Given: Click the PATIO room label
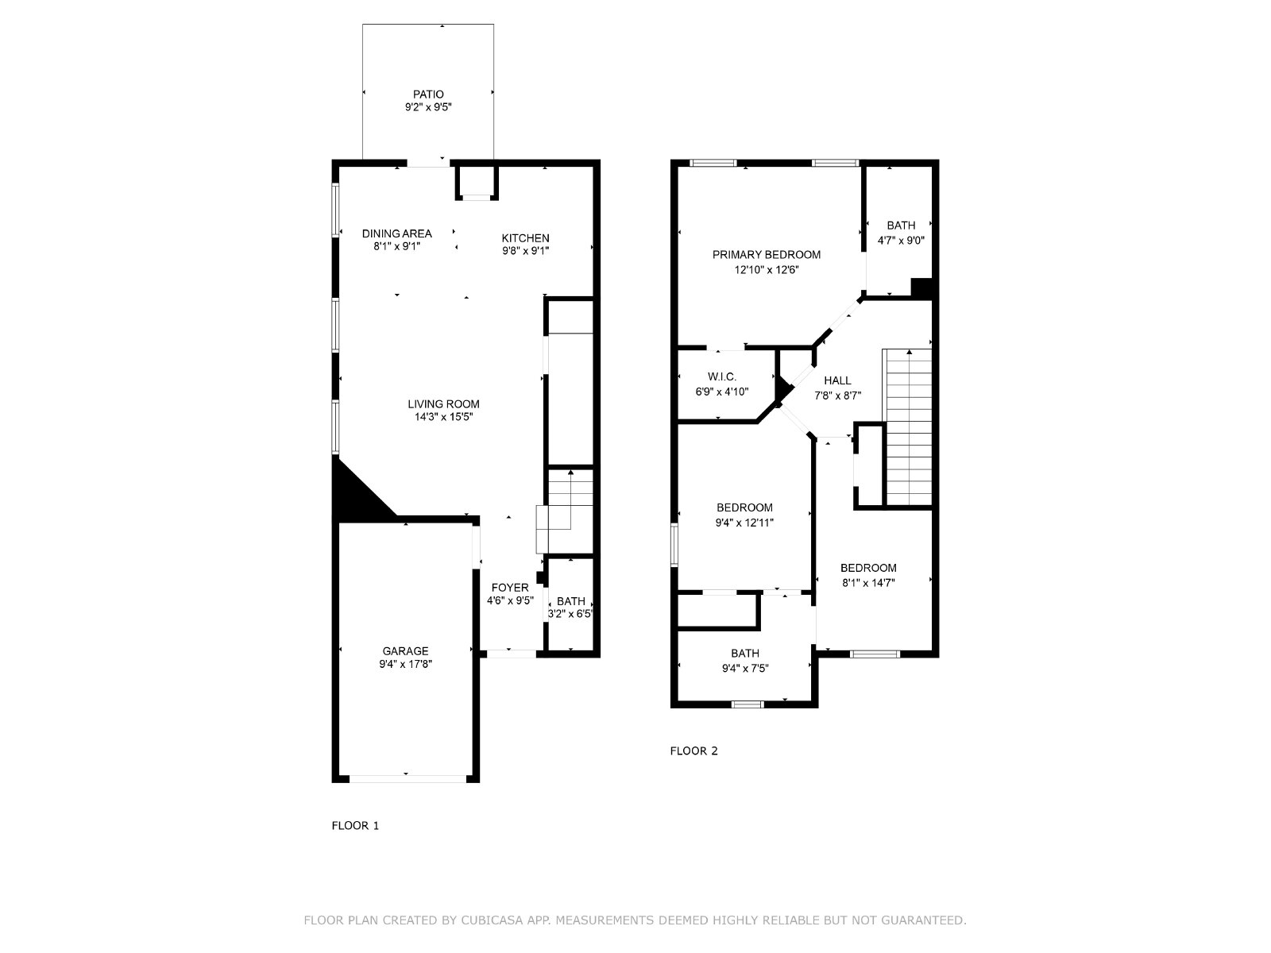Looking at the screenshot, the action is [x=428, y=95].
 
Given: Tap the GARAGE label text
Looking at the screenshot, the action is [x=405, y=651].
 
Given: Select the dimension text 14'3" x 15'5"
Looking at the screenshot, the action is [x=443, y=417].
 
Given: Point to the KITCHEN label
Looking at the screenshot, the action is [x=525, y=237].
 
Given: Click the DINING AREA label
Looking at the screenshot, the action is [x=396, y=233].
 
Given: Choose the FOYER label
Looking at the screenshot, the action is [x=509, y=588].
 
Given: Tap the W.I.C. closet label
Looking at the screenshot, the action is [x=721, y=376].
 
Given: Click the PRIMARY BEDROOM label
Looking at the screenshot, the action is [x=766, y=255].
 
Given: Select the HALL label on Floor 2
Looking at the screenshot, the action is [x=837, y=380].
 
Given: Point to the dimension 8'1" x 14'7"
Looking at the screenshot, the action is [x=868, y=583].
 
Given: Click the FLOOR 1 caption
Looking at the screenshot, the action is [x=355, y=826].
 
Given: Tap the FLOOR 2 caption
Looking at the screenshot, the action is [x=693, y=751].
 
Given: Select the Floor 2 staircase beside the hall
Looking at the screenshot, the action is [x=907, y=427].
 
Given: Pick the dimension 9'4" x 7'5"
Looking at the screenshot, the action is [x=744, y=669].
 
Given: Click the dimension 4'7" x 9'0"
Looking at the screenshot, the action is [x=900, y=240].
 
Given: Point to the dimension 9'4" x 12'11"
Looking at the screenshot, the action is [x=744, y=523].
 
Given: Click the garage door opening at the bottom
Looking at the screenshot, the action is [x=408, y=779].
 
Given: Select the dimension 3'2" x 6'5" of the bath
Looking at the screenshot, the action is [x=570, y=613].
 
